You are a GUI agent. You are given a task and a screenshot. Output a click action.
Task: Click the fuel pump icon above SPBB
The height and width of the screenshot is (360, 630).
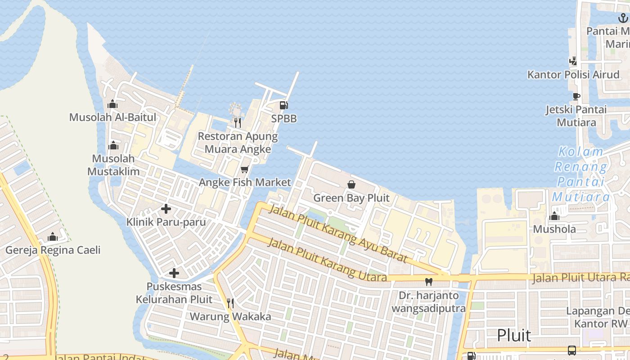click(283, 105)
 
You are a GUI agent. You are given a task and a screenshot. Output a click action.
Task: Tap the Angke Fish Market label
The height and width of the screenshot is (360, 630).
click(245, 182)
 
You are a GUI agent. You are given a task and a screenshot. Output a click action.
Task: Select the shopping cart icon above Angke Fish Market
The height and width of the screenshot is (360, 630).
click(244, 169)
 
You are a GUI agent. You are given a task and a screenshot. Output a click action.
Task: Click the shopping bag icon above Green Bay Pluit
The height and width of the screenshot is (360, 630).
click(351, 184)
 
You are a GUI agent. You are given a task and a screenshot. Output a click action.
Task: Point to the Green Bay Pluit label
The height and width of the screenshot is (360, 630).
click(351, 198)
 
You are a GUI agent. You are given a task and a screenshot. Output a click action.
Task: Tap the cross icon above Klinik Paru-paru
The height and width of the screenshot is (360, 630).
click(166, 209)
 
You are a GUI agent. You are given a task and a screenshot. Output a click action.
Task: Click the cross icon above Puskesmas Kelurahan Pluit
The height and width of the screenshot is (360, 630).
click(174, 273)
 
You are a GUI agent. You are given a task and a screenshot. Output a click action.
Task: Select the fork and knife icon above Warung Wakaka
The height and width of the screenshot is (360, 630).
click(230, 303)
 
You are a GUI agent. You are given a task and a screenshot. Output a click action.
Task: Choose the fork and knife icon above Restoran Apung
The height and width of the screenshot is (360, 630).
click(238, 122)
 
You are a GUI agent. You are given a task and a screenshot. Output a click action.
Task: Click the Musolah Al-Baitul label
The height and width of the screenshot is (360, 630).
click(112, 117)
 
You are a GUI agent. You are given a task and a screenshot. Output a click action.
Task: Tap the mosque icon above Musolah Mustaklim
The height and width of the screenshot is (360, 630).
click(113, 145)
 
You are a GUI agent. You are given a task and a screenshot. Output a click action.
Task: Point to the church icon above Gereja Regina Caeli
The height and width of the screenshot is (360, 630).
click(53, 237)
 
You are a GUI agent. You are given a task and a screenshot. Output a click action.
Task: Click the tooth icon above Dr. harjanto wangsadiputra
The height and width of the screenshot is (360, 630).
click(428, 282)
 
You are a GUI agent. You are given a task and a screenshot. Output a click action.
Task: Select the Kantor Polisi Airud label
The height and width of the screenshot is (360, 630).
click(573, 75)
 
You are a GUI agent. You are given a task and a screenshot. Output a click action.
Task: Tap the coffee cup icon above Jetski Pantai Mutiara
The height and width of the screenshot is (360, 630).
click(576, 96)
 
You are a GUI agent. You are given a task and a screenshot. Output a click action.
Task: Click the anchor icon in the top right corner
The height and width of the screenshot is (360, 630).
click(623, 18)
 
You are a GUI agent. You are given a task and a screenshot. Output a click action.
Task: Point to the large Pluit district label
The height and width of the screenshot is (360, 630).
click(514, 336)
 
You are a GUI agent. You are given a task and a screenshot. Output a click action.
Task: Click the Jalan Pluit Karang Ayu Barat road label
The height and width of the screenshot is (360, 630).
click(337, 232)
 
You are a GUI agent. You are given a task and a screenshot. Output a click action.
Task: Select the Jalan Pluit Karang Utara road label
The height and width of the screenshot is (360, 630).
click(327, 260)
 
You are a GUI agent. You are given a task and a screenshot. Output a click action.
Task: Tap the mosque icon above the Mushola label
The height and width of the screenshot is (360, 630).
click(554, 216)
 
